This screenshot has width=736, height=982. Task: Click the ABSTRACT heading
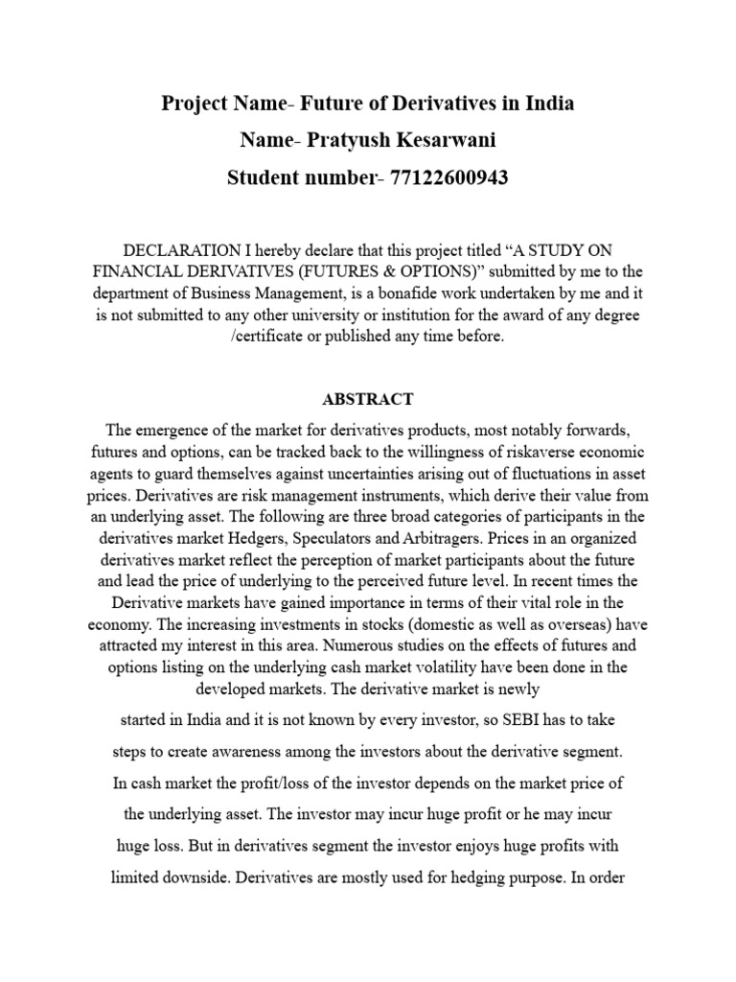[x=368, y=399]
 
